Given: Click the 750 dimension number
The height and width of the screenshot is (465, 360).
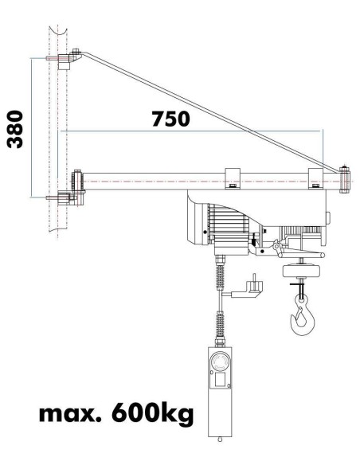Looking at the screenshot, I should click(170, 119).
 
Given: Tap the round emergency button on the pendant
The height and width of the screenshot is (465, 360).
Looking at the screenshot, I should click(221, 365).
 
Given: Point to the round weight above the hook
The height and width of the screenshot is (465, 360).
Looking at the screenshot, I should click(300, 271).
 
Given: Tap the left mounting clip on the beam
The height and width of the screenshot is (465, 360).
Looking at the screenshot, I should click(232, 179).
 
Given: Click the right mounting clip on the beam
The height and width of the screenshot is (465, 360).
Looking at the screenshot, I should click(315, 179).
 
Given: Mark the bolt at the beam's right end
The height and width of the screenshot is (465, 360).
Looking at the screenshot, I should click(344, 178).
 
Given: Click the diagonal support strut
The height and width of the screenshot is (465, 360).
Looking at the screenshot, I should click(207, 111).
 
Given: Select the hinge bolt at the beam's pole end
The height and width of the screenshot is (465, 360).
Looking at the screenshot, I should click(79, 182).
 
